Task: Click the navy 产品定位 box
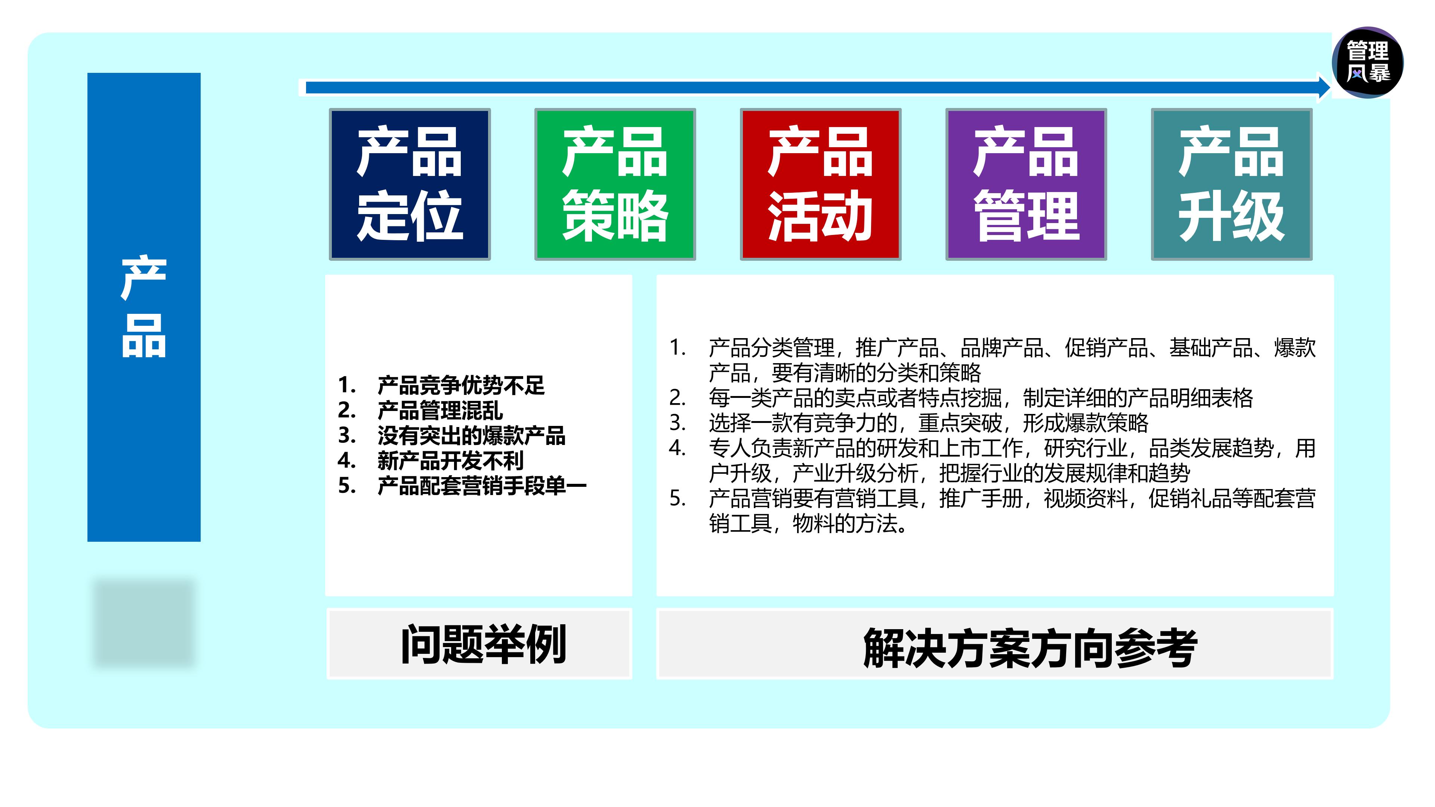click(410, 184)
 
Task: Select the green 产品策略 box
click(615, 184)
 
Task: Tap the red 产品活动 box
click(820, 184)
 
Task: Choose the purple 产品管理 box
click(1025, 184)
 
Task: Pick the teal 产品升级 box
click(1231, 184)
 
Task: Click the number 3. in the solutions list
click(678, 423)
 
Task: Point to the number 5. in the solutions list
click(678, 498)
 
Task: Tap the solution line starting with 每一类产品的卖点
click(981, 398)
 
